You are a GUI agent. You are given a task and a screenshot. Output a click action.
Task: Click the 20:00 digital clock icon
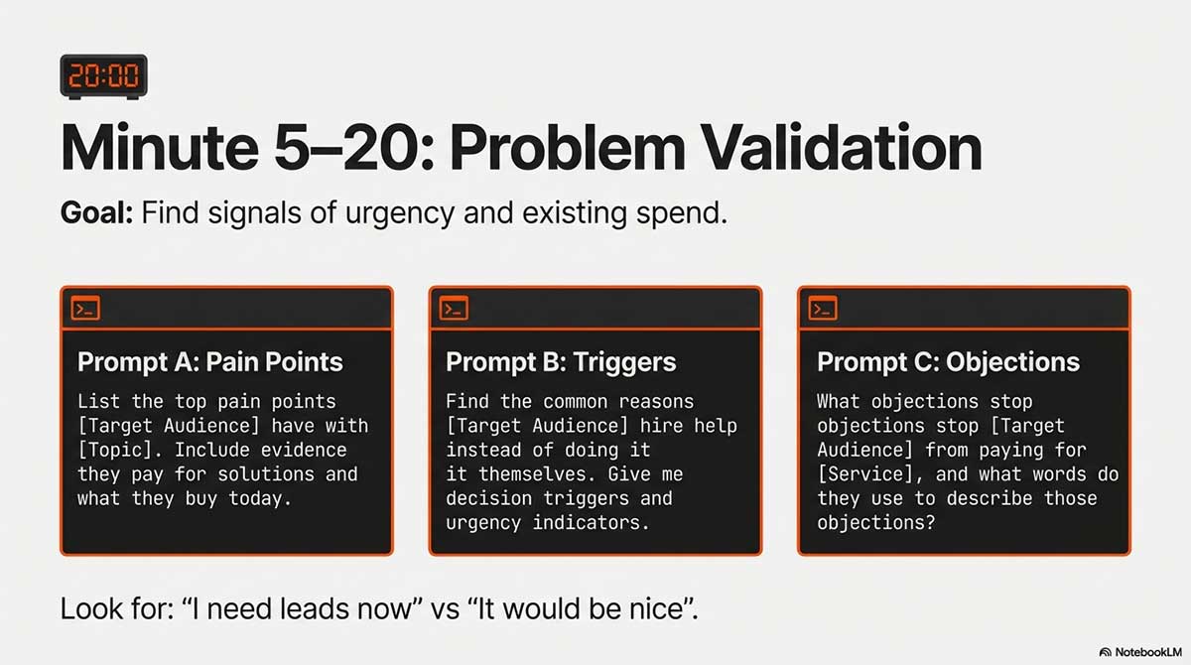pos(103,76)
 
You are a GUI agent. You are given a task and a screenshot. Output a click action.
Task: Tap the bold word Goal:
pos(97,213)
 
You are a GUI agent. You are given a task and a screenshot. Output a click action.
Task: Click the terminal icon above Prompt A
pos(85,309)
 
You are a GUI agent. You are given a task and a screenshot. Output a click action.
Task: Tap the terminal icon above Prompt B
pos(455,309)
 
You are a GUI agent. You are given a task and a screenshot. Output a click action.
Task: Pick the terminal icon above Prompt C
pos(823,309)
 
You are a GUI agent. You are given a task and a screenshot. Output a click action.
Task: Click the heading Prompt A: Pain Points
pos(210,362)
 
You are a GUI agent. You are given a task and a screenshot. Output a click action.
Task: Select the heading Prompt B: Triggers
pos(561,362)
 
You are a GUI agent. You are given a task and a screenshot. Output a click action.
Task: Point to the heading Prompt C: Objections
pos(949,362)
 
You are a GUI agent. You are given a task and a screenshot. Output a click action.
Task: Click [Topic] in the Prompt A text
pos(120,451)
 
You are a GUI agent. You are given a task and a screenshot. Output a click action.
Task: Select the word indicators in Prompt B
pos(592,523)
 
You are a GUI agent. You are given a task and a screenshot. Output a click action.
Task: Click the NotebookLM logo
pos(1140,652)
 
